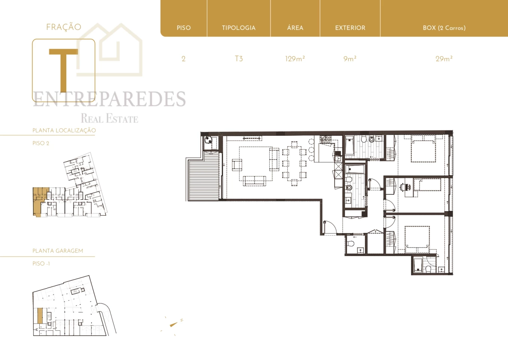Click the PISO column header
[184, 28]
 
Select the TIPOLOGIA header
[239, 28]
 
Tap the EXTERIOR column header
[350, 28]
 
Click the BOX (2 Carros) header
[444, 28]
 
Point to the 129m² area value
[295, 59]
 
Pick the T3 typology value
[239, 59]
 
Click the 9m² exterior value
[350, 59]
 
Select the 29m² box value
[444, 59]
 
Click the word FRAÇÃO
[64, 27]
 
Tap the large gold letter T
[63, 70]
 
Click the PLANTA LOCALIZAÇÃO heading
[64, 130]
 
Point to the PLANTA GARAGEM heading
[58, 251]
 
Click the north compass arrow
[173, 324]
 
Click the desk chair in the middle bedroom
[403, 186]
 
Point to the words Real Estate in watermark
[109, 119]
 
